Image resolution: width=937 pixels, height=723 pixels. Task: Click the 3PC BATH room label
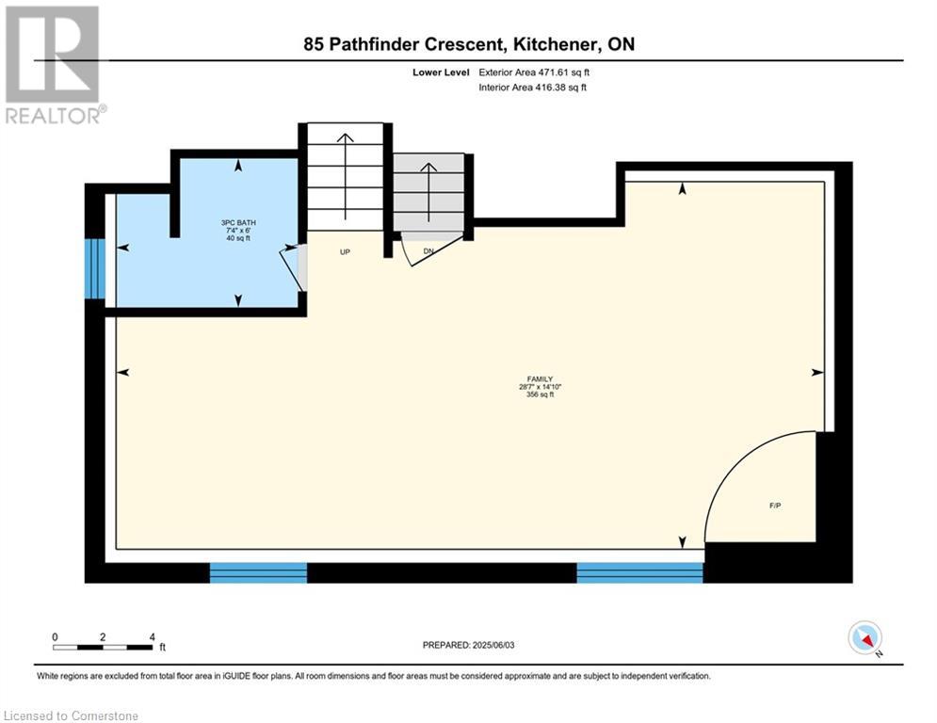coord(238,223)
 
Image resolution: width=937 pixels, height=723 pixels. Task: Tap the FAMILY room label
coord(540,378)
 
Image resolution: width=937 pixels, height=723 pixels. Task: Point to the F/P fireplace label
coord(775,506)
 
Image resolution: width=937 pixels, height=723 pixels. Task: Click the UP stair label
coord(345,252)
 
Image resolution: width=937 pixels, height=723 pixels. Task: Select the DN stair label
coord(428,251)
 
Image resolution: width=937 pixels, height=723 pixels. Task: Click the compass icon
coord(865,637)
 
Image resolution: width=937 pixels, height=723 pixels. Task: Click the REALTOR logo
coord(55,65)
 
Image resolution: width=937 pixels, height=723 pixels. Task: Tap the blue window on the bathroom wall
coord(95,269)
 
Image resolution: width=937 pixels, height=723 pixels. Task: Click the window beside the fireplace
coord(640,572)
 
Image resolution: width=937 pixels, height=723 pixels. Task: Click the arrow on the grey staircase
coord(428,191)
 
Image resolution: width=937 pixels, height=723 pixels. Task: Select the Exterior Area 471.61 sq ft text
coord(534,72)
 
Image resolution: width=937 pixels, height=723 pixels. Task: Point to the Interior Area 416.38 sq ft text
coord(532,88)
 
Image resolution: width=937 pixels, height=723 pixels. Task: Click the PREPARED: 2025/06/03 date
coord(469,645)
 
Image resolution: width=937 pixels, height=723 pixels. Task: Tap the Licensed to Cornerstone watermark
coord(71,715)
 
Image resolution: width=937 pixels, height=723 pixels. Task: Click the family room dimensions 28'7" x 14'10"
coord(540,387)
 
